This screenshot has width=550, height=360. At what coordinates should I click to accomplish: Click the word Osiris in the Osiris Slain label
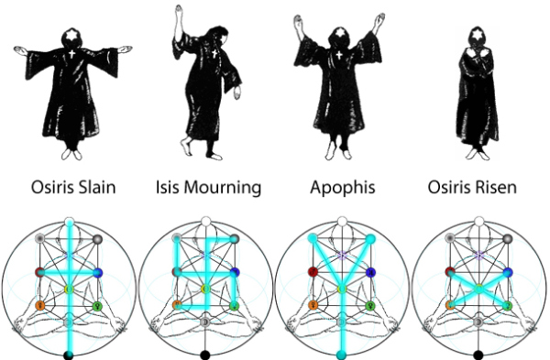pos(51,187)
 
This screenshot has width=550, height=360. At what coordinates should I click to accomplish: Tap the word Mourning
pos(223,188)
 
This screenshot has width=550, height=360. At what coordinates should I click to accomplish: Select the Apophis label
pos(343,188)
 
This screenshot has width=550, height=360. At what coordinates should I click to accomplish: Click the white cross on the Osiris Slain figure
pos(71,54)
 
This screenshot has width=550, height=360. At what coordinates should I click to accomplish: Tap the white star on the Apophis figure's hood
pos(339,33)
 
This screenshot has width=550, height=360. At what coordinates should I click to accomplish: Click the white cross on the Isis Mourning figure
pos(214,54)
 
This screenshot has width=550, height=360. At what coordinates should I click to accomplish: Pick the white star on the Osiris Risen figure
pos(477,36)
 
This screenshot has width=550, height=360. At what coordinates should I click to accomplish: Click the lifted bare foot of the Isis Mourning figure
pos(186,145)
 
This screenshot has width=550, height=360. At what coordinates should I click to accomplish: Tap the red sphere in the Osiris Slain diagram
pos(40,272)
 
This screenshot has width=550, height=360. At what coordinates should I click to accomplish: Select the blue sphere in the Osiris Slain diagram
pos(97,273)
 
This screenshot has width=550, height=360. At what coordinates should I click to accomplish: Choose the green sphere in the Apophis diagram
pos(370,306)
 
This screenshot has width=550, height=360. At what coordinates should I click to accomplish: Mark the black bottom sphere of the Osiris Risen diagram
pos(478,355)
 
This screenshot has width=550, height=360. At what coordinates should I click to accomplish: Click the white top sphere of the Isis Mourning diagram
pos(206,222)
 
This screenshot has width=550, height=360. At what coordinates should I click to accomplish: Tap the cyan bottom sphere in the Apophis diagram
pos(342,355)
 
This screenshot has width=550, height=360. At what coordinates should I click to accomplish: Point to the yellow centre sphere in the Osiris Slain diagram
pos(69,289)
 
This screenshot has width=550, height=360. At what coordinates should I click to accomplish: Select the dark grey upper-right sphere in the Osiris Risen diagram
pos(507,239)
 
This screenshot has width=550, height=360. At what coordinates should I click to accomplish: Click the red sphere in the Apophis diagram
pos(313,272)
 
